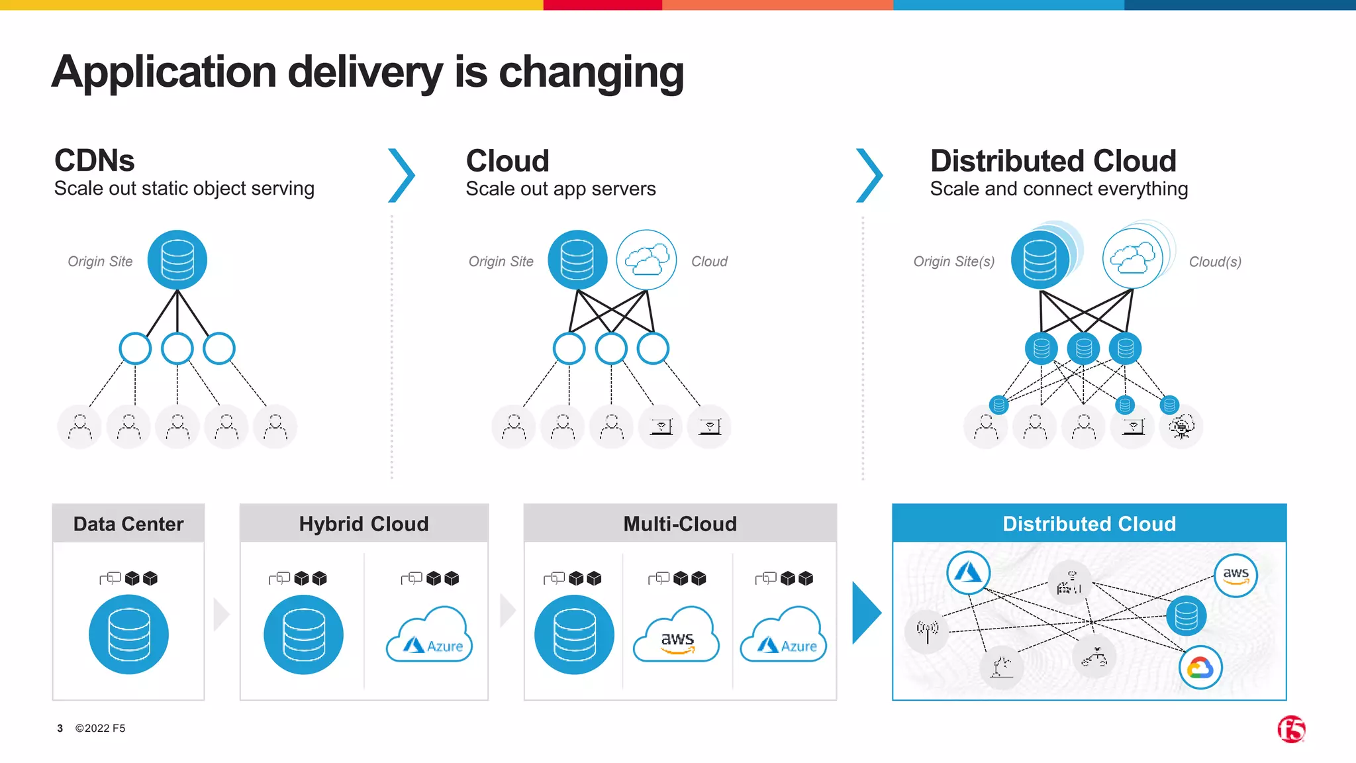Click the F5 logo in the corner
tap(1290, 729)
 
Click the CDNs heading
tap(95, 161)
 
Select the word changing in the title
tap(591, 72)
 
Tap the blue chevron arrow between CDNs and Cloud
tap(402, 176)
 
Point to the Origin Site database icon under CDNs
tap(177, 260)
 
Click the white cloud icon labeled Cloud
tap(646, 260)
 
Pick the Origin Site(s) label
tap(953, 262)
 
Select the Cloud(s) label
tap(1214, 262)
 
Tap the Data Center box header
tap(128, 524)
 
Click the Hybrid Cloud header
tap(363, 524)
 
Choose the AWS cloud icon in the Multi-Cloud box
tap(677, 635)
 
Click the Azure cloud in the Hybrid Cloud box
tap(430, 635)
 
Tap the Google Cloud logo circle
tap(1200, 667)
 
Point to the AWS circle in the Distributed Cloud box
tap(1235, 575)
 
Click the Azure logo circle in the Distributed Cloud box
tap(968, 572)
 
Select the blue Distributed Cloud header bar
tap(1089, 524)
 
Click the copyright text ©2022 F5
tap(100, 728)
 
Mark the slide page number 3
tap(60, 728)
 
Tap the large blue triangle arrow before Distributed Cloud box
tap(866, 613)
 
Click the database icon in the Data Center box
tap(128, 634)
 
